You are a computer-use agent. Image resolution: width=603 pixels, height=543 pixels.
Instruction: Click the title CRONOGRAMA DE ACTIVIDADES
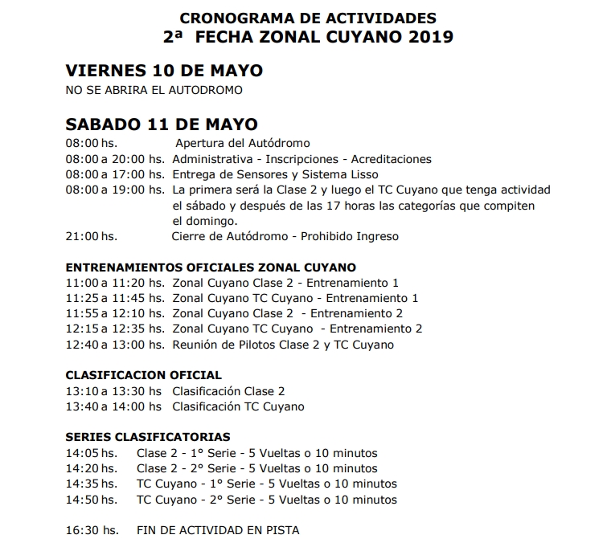(310, 17)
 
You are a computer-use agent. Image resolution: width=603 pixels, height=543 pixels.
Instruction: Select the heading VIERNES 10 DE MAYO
(164, 71)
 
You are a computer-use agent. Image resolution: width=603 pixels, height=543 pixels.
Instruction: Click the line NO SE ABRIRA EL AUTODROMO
(154, 90)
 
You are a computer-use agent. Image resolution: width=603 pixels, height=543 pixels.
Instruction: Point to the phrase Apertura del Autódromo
(243, 143)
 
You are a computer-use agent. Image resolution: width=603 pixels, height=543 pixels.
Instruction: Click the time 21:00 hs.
(92, 236)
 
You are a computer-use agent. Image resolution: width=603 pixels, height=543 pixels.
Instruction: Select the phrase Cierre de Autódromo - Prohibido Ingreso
(285, 236)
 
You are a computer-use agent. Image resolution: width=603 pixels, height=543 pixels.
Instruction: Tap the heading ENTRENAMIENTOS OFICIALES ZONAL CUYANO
(211, 267)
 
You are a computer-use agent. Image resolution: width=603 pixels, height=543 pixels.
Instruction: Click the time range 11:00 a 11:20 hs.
(115, 283)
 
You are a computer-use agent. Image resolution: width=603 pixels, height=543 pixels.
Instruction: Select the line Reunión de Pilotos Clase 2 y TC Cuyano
(283, 345)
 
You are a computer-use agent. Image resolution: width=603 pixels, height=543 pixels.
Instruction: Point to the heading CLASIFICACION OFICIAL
(143, 375)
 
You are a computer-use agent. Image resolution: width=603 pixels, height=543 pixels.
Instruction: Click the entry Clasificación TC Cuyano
(238, 406)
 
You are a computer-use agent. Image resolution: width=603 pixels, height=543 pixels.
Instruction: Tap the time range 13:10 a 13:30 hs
(115, 391)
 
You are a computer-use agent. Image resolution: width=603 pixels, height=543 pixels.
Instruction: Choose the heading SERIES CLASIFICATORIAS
(147, 437)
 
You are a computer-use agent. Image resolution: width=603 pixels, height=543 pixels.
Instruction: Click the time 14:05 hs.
(91, 453)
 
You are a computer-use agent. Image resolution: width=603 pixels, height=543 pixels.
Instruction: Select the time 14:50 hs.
(91, 500)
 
